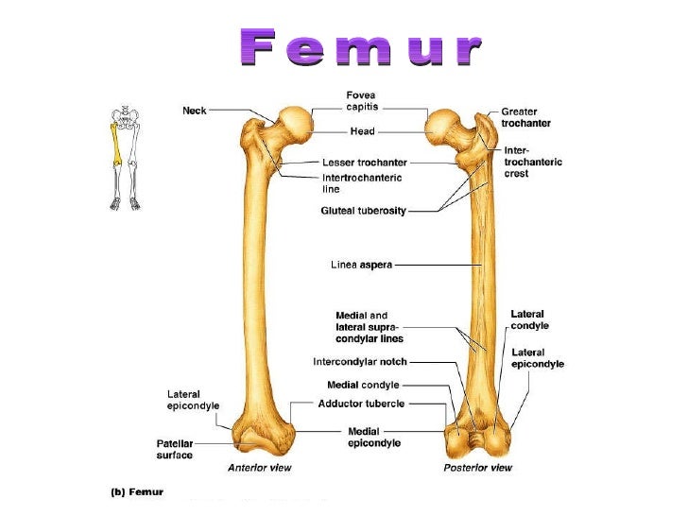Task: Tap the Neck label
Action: click(194, 111)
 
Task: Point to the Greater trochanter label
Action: click(526, 117)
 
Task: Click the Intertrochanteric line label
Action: click(362, 182)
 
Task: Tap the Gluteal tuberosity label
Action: click(363, 211)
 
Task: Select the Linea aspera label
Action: click(360, 265)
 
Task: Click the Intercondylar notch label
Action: click(360, 361)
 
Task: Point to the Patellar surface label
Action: click(174, 449)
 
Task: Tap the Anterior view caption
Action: click(261, 468)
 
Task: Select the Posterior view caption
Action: click(477, 468)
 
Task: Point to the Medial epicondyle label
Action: click(373, 437)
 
